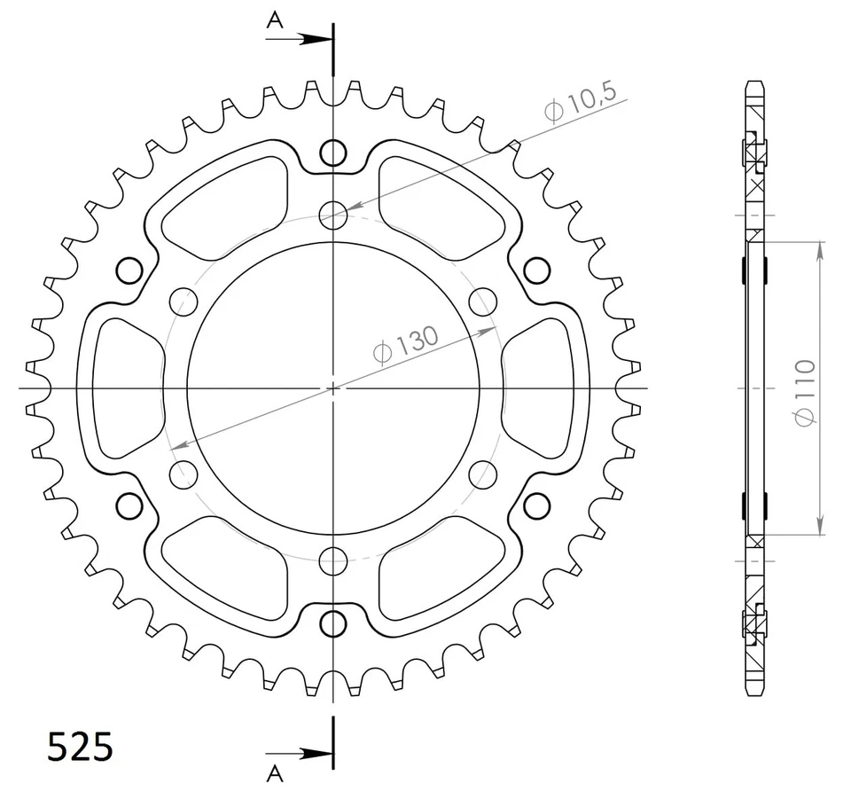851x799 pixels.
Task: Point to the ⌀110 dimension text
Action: (804, 391)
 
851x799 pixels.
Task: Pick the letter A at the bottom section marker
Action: (276, 774)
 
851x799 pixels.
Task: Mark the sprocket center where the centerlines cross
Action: (333, 388)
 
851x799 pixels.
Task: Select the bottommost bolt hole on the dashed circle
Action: (333, 560)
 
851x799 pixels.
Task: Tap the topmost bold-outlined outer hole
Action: (333, 153)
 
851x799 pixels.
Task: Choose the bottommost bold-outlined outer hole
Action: (333, 622)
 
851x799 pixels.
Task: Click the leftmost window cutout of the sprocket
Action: (124, 388)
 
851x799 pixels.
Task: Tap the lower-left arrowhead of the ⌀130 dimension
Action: (176, 444)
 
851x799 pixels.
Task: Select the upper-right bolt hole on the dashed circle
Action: (482, 301)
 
